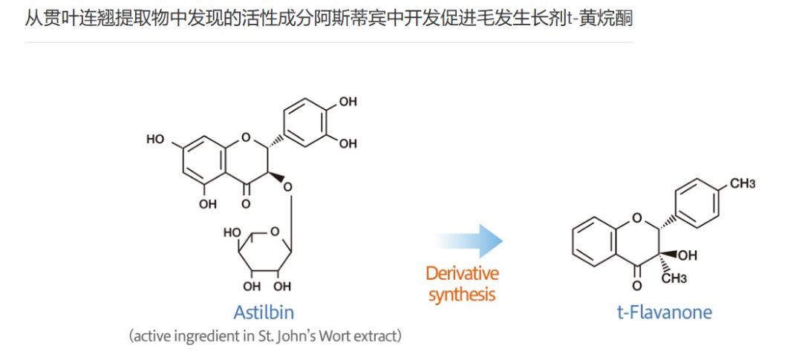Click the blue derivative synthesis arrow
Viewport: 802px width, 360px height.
click(469, 240)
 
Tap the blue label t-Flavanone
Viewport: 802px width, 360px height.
click(664, 312)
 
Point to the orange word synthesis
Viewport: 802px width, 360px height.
click(461, 294)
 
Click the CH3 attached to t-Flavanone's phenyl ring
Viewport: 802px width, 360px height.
click(742, 183)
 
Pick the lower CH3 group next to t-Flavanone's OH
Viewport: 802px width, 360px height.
click(674, 278)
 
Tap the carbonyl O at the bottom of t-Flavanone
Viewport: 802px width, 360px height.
click(636, 284)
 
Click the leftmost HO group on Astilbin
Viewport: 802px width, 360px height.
click(156, 139)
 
